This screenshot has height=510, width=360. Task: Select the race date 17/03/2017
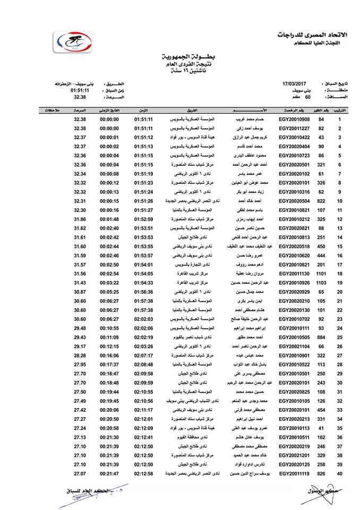pos(295,84)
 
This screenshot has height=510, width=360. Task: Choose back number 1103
pos(321,283)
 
